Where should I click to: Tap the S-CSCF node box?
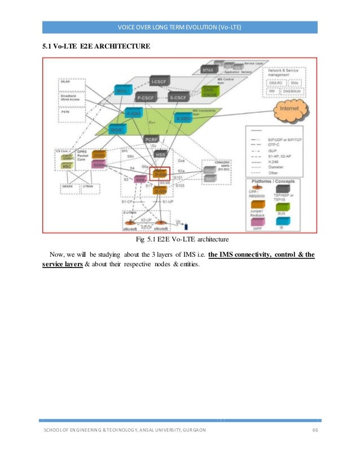point(178,97)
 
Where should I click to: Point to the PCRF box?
point(152,138)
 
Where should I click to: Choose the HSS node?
point(161,153)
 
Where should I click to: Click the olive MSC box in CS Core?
point(67,166)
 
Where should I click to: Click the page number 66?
point(315,430)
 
